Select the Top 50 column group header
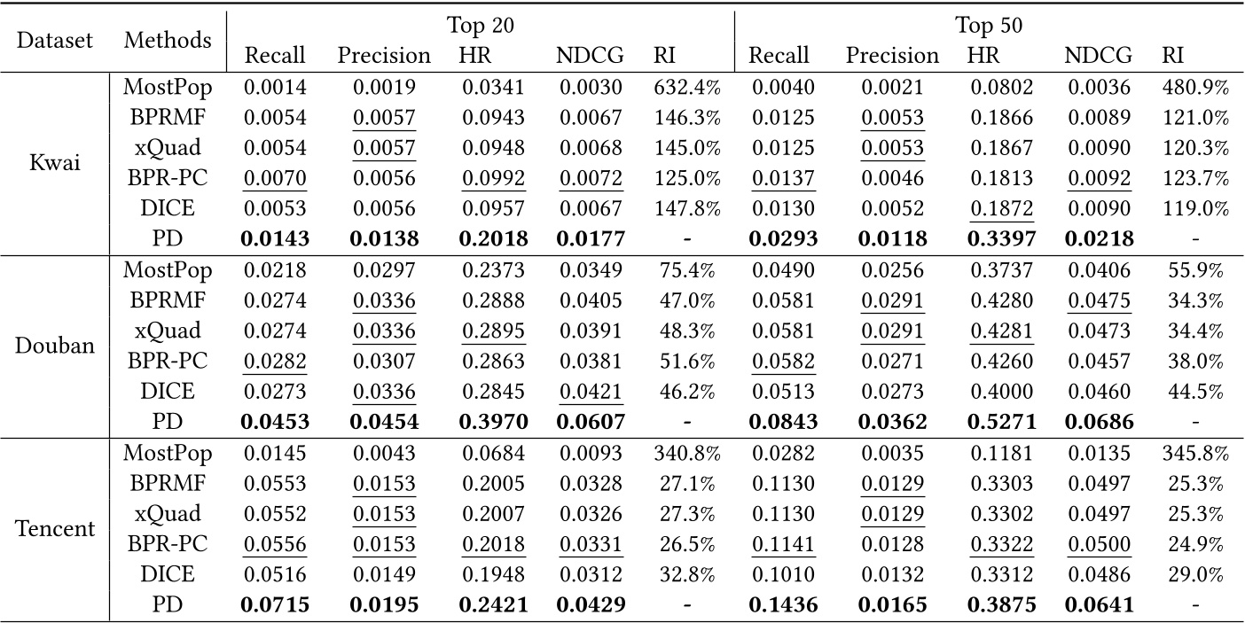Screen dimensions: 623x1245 click(989, 26)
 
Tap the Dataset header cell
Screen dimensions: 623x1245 click(55, 41)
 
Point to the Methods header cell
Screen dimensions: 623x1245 click(168, 40)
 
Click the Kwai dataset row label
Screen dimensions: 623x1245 click(55, 164)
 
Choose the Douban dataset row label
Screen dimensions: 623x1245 click(55, 345)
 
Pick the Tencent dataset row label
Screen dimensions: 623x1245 click(55, 528)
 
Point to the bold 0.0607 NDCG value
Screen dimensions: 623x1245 click(590, 421)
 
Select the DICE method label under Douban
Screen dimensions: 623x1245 click(167, 391)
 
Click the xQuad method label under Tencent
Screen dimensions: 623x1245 click(167, 514)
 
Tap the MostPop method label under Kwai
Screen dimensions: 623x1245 click(167, 88)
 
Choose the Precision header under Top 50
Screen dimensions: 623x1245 click(892, 56)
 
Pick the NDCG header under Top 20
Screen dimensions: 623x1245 click(590, 56)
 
